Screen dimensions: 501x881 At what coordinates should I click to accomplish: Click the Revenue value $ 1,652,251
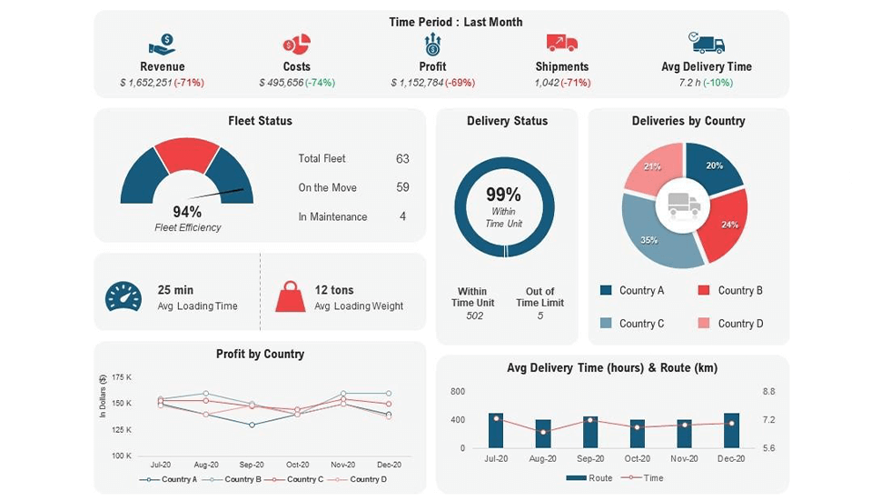pos(145,83)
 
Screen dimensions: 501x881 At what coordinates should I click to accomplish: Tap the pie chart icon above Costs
pos(296,44)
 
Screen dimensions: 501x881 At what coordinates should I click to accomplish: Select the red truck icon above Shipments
pos(561,43)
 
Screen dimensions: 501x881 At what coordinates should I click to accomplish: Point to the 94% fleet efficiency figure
pos(187,212)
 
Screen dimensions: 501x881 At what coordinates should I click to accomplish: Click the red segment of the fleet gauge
pos(187,155)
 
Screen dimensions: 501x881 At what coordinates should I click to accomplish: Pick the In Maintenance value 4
pos(402,216)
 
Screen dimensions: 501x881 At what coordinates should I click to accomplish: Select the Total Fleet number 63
pos(402,158)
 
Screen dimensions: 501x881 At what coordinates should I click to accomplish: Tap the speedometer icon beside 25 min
pos(124,297)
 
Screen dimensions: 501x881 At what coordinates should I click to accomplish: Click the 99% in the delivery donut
pos(503,195)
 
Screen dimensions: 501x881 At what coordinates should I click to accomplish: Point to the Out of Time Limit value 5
pos(540,316)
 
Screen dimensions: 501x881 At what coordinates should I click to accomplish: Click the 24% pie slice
pos(727,223)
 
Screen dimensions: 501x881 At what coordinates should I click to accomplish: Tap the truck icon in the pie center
pos(684,205)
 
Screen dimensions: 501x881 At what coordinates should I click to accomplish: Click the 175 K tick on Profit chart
pos(122,376)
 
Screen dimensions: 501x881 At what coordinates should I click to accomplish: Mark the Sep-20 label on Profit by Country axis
pos(252,465)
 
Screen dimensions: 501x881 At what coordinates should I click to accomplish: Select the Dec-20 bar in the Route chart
pos(731,430)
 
